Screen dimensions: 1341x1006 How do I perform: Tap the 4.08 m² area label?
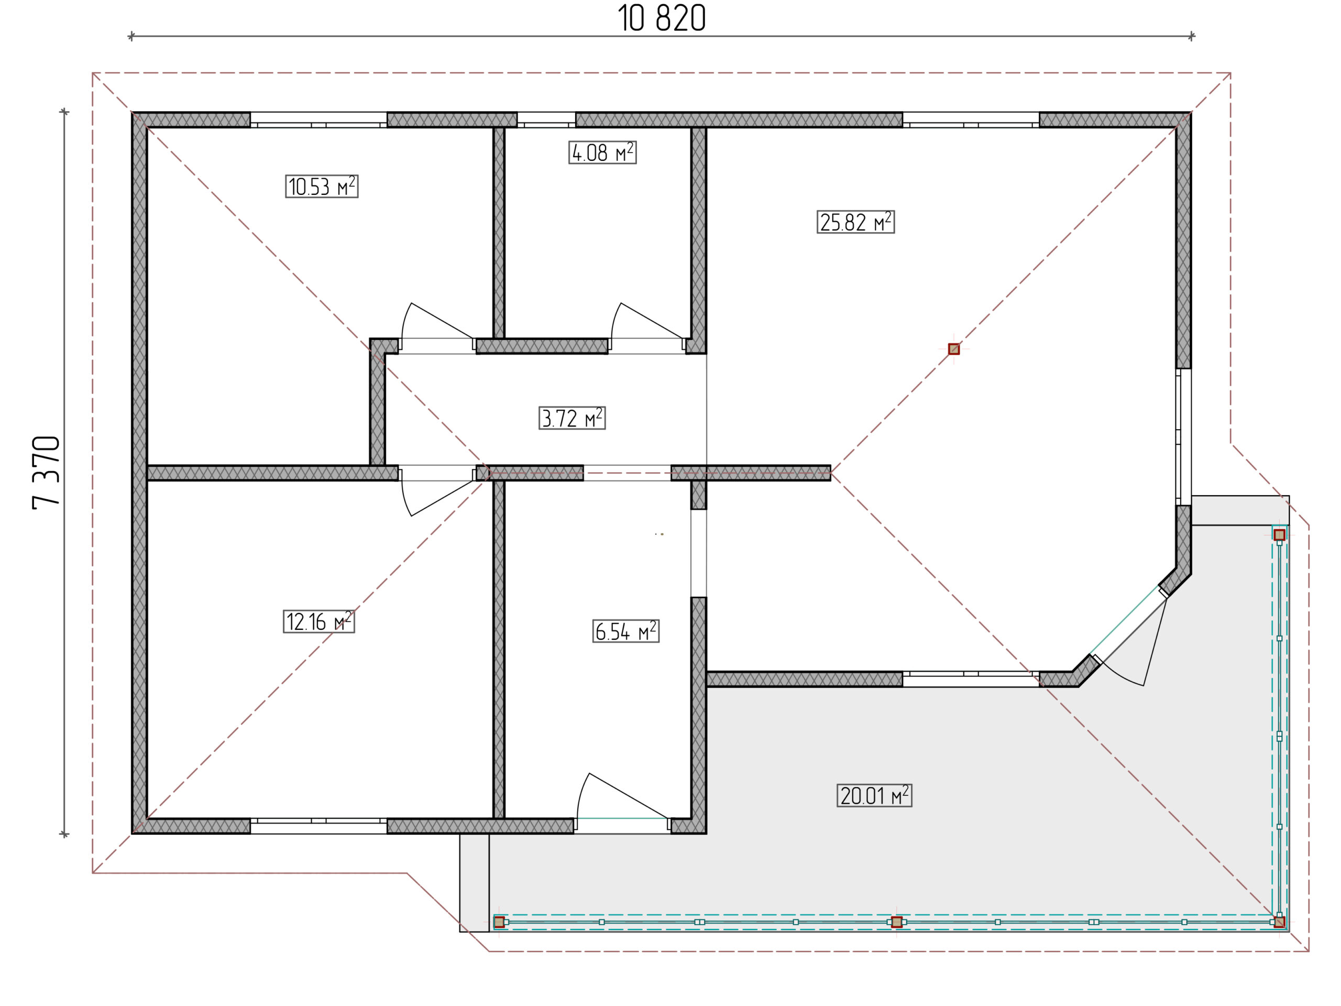click(602, 152)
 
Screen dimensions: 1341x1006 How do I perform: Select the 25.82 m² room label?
click(855, 222)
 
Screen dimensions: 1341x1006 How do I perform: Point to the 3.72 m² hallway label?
click(571, 418)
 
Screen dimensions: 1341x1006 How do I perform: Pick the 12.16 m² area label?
click(318, 621)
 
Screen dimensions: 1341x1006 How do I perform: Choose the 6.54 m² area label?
click(625, 631)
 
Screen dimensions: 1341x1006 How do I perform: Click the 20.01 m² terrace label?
click(874, 795)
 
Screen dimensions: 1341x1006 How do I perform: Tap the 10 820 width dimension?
click(662, 18)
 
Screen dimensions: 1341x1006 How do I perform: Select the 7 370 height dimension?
click(47, 473)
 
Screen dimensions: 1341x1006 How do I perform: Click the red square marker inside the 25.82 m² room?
click(953, 348)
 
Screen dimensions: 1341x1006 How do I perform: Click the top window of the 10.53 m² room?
click(318, 120)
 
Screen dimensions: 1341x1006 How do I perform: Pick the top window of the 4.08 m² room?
click(546, 120)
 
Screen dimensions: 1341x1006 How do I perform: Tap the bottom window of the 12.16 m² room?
click(318, 825)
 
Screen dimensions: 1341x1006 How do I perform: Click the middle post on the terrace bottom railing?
click(897, 922)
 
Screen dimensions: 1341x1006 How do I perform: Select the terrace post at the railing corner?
click(1279, 922)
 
